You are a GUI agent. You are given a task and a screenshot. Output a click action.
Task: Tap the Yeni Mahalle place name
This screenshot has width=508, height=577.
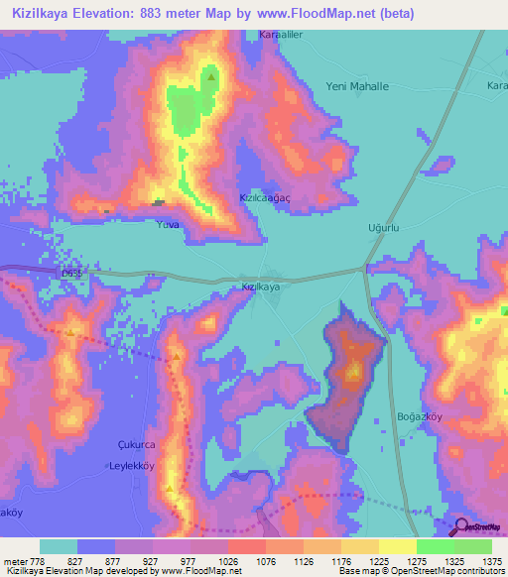[357, 86]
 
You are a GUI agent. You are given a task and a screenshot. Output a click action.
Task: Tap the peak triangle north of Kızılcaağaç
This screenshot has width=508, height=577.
[211, 74]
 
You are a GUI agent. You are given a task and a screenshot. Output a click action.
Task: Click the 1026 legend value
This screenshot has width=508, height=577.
[209, 561]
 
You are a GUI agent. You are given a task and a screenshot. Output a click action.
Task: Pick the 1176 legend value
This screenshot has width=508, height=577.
[322, 561]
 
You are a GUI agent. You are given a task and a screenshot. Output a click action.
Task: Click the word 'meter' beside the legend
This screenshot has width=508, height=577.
[11, 561]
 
